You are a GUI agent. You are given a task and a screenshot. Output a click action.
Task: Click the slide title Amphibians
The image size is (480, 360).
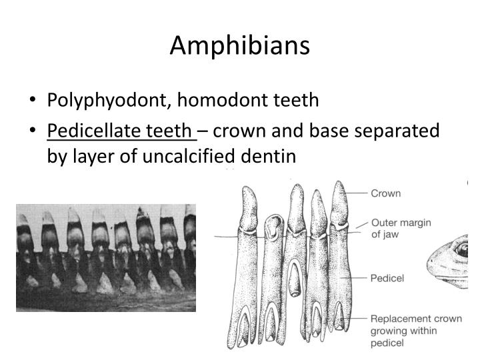click(240, 45)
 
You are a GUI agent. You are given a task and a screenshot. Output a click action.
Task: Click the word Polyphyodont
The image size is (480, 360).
click(109, 101)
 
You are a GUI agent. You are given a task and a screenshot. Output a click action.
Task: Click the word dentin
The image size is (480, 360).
click(268, 156)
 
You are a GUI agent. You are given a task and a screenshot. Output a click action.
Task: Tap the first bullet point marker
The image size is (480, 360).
click(33, 99)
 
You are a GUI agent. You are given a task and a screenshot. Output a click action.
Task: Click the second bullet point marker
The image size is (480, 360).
click(33, 130)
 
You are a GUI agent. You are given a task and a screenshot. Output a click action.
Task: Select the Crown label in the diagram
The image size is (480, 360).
click(386, 193)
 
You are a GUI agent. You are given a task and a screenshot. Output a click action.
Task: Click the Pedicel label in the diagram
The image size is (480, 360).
click(387, 278)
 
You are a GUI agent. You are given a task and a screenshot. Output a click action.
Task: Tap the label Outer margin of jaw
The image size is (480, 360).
click(401, 229)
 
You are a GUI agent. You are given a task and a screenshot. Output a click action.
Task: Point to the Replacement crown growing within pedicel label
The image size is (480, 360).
click(416, 331)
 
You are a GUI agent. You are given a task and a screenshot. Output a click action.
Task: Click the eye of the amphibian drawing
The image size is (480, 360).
click(462, 249)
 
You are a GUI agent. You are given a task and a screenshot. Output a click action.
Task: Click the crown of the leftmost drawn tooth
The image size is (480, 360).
click(249, 209)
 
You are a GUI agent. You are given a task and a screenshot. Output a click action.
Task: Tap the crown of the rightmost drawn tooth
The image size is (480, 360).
click(339, 203)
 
